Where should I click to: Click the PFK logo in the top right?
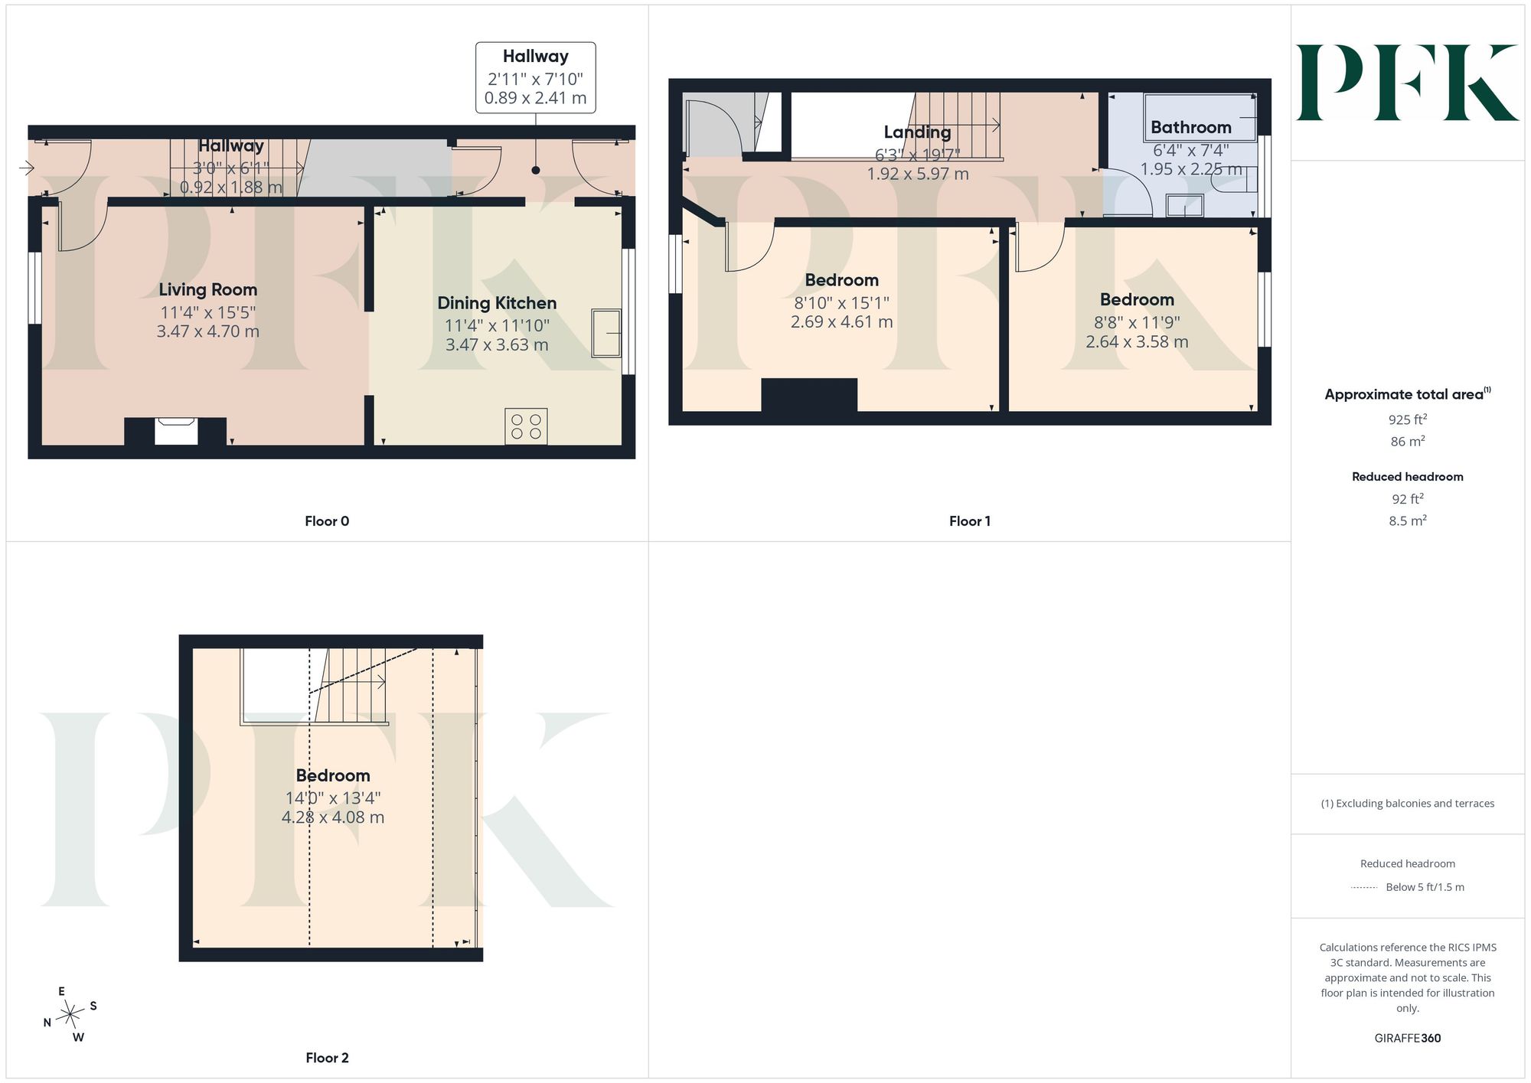point(1407,83)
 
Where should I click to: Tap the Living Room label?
point(207,289)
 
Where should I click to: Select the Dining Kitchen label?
point(497,303)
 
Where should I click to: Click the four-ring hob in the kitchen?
point(526,426)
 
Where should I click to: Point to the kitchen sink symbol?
point(606,333)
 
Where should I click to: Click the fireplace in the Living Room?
point(175,431)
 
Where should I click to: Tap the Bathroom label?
point(1191,127)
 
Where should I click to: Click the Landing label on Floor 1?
point(917,132)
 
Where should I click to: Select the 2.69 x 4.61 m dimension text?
point(841,322)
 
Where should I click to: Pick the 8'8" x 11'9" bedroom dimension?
point(1137,322)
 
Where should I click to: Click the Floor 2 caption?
point(327,1058)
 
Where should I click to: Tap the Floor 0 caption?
point(327,521)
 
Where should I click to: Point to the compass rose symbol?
point(70,1015)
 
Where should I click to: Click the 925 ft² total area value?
point(1407,419)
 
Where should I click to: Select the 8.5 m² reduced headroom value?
point(1407,520)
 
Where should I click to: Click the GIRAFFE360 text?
point(1407,1039)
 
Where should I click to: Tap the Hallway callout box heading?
point(535,56)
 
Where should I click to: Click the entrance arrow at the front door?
point(27,168)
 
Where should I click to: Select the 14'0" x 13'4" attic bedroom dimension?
point(333,798)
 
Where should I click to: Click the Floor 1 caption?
point(970,521)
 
